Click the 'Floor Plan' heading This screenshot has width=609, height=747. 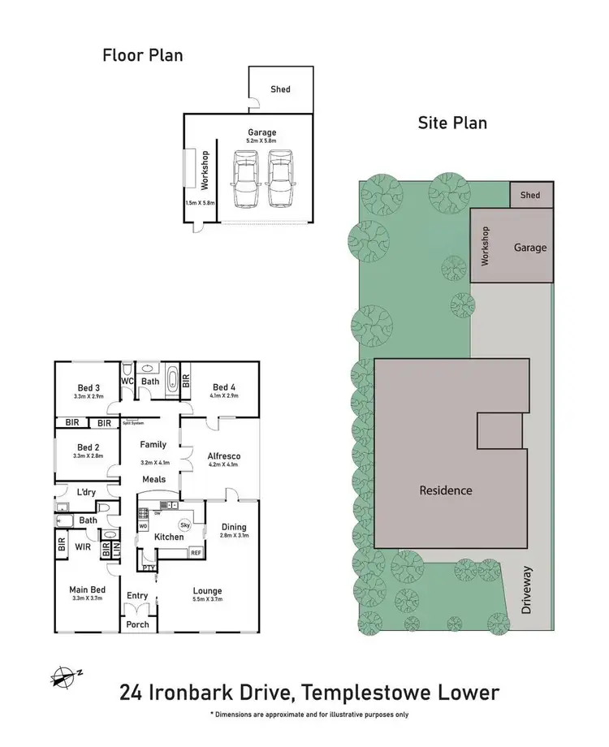pos(142,55)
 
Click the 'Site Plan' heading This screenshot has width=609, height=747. pos(452,123)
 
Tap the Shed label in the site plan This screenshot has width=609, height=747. pos(530,195)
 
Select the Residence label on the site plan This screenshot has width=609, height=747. pos(446,490)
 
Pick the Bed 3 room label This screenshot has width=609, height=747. pos(88,387)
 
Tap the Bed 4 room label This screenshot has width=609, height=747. pos(224,387)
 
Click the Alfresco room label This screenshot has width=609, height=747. pos(225,456)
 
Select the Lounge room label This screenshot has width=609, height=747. pos(207,591)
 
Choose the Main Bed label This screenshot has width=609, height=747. pos(89,589)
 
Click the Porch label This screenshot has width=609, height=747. pos(137,624)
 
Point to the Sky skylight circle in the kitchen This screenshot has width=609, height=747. pos(184,525)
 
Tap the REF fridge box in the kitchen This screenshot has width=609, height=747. pos(195,552)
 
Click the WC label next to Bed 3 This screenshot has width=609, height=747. pos(127,380)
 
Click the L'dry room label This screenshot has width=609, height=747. pos(87,493)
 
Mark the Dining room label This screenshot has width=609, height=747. pos(233,526)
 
